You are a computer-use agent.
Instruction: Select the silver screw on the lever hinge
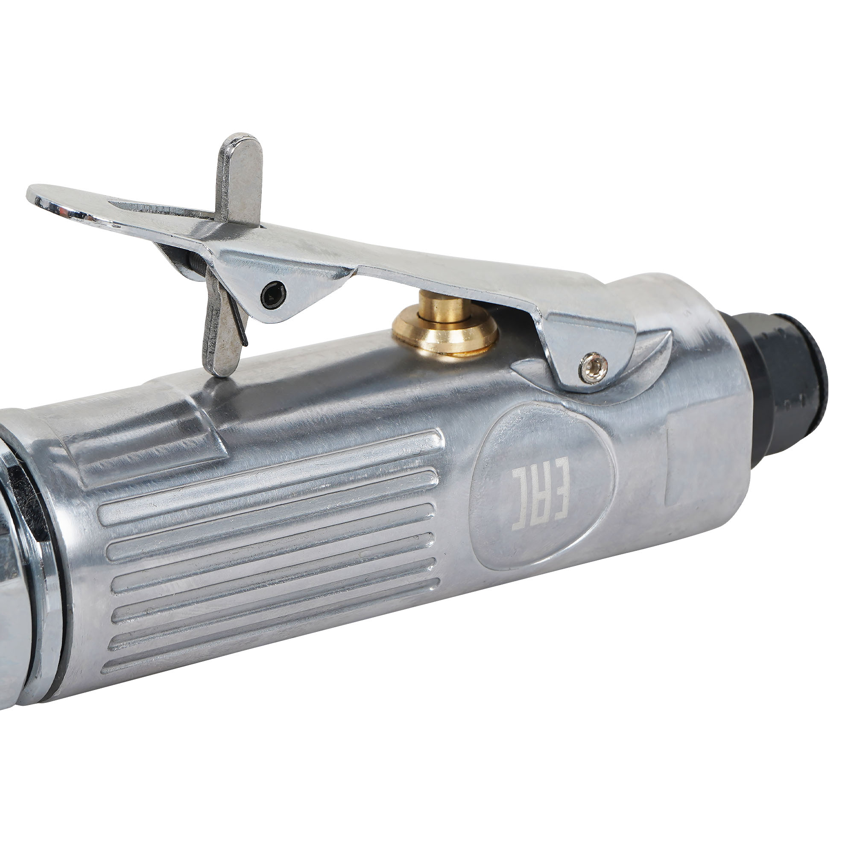pyautogui.click(x=593, y=368)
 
